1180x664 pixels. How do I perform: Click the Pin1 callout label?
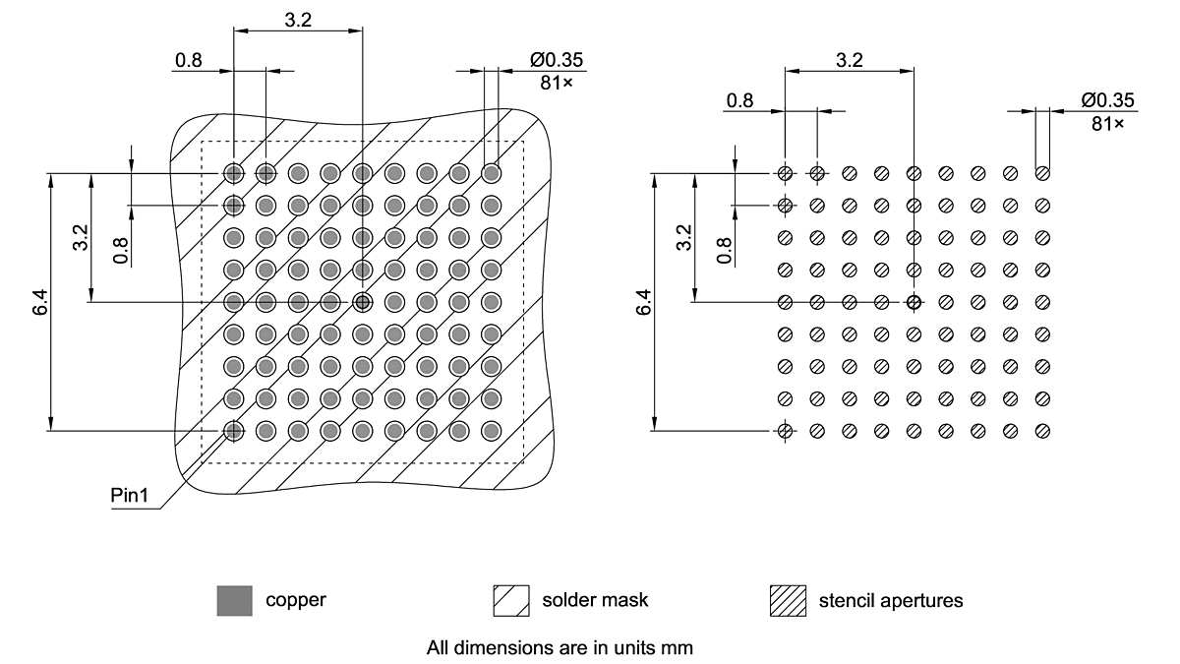point(129,496)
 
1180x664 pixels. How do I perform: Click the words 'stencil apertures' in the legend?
point(890,599)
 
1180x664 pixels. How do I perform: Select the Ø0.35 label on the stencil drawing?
point(1107,99)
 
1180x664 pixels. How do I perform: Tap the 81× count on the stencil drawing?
point(1107,123)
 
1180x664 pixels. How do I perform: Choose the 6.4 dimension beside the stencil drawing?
point(644,302)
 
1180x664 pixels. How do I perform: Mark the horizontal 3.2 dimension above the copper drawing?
point(298,20)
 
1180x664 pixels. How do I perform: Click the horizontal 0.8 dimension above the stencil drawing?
point(739,99)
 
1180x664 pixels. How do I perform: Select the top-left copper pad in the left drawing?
point(233,173)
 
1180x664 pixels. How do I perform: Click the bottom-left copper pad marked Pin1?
point(233,431)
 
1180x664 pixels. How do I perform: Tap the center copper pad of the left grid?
point(363,302)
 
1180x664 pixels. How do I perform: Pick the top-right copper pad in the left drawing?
point(492,173)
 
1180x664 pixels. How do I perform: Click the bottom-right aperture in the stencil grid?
point(1043,431)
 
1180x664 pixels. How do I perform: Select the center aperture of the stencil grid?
point(914,302)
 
